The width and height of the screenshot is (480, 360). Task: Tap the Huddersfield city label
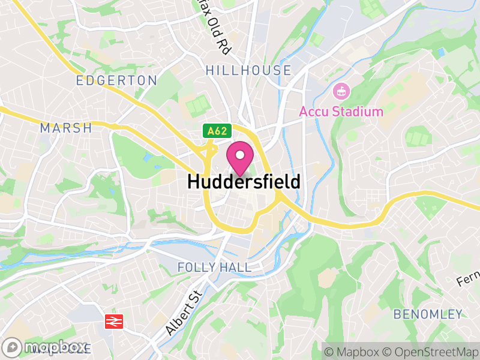244,181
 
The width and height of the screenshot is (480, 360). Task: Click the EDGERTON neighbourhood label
117,80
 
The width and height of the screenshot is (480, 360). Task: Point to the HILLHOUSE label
248,70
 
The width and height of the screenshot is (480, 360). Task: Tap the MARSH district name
66,128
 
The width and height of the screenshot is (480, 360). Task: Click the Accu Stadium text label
341,112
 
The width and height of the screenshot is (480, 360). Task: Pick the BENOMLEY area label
428,314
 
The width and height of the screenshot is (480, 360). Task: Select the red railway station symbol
112,321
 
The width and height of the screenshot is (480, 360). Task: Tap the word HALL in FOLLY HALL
238,266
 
